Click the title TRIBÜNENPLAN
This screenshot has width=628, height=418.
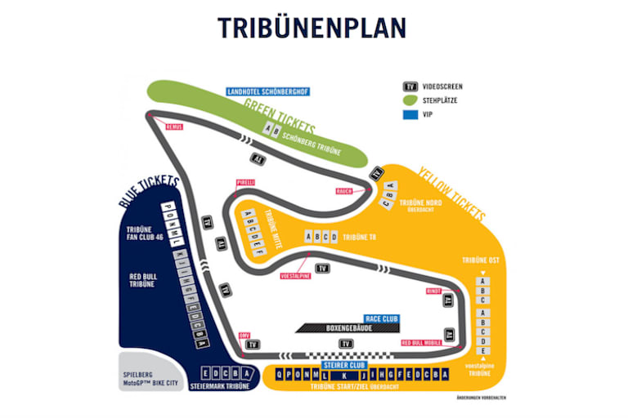point(312,29)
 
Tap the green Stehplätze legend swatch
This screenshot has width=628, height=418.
point(411,100)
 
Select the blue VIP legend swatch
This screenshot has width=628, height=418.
point(411,114)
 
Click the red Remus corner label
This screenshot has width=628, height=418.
point(173,127)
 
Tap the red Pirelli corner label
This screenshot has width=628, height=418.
point(245,182)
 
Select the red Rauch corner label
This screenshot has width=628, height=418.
point(344,192)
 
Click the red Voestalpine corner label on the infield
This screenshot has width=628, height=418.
point(294,276)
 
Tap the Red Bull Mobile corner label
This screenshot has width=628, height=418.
point(421,343)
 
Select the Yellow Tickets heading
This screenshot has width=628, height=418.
point(451,194)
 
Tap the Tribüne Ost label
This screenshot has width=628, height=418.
point(480,260)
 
